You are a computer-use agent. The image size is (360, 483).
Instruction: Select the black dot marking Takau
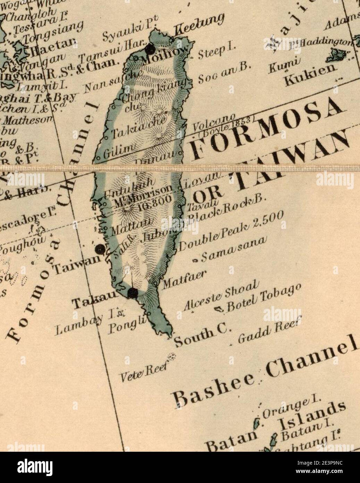point(132,294)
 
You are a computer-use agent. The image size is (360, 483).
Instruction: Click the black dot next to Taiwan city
point(100,249)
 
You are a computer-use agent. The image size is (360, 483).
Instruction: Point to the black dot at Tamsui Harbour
point(150,49)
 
